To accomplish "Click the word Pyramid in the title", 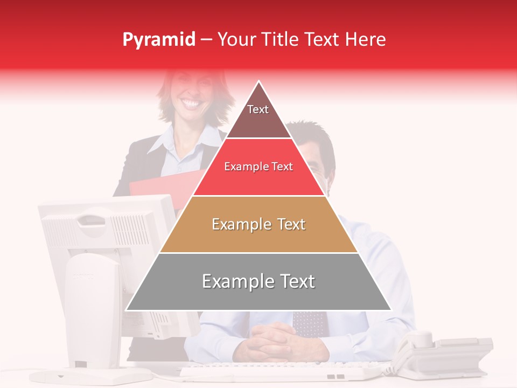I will pos(158,40).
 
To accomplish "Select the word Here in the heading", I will pos(365,40).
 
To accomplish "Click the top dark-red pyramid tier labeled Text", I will pos(258,116).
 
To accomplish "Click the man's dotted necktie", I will pos(310,323).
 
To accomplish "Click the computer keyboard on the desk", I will pos(280,371).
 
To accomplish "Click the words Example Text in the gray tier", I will pos(258,282).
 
